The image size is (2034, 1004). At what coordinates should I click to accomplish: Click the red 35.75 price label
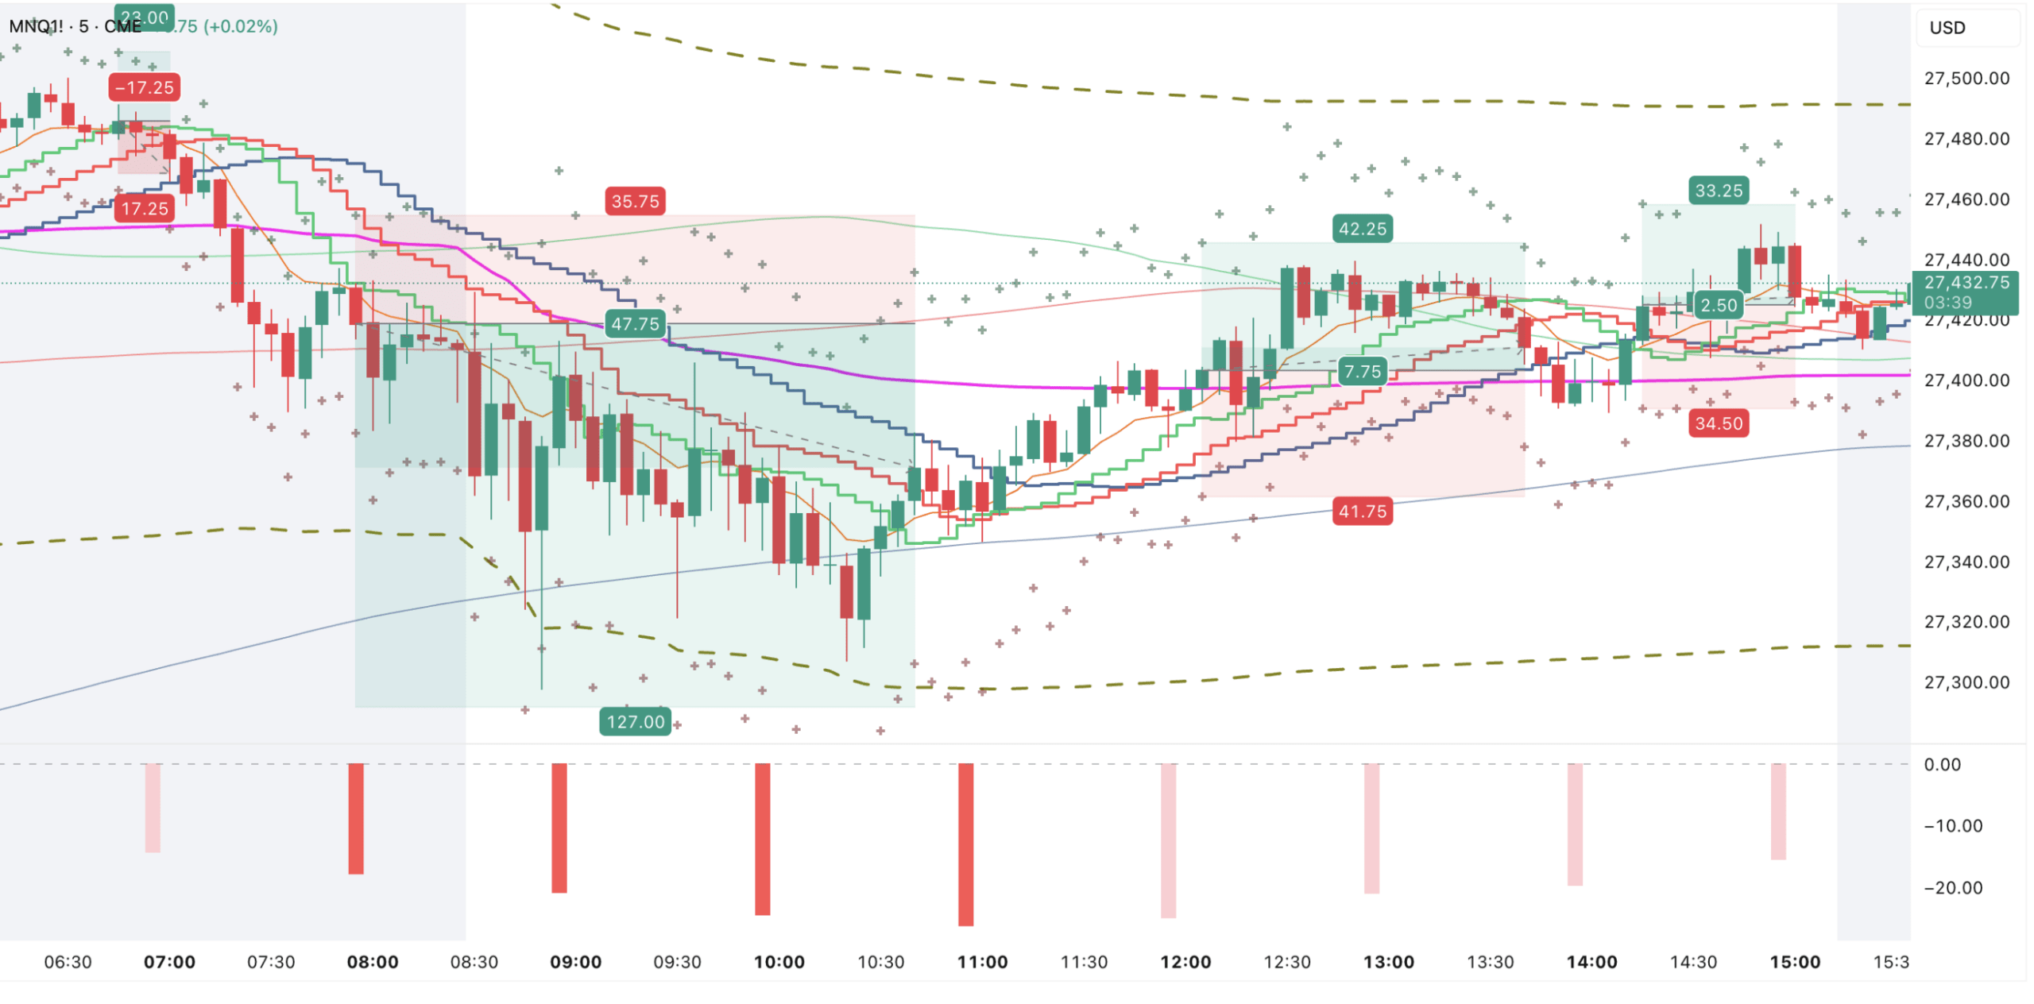coord(635,201)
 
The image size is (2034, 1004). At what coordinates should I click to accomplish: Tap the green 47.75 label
coord(635,323)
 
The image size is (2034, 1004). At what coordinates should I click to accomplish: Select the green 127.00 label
coord(635,721)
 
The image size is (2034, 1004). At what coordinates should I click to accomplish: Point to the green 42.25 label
coord(1362,229)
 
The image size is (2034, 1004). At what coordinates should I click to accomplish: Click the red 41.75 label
coord(1362,511)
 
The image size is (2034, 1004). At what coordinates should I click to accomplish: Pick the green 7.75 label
coord(1362,371)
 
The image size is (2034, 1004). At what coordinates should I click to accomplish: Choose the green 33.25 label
coord(1718,191)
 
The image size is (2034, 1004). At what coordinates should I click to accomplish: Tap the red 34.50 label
coord(1718,423)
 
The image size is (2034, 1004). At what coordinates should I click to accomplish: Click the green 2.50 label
coord(1718,305)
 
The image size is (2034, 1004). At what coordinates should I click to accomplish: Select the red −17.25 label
coord(144,87)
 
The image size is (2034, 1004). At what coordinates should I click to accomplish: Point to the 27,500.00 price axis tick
coord(1966,78)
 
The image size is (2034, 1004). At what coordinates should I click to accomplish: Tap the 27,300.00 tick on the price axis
coord(1966,682)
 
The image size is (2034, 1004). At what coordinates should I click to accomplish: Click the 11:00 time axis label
coord(982,962)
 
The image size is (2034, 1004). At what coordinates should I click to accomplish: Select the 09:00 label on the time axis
coord(575,962)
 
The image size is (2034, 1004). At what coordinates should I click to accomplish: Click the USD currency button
coord(1947,28)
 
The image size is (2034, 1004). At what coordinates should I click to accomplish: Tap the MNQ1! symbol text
coord(36,26)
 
